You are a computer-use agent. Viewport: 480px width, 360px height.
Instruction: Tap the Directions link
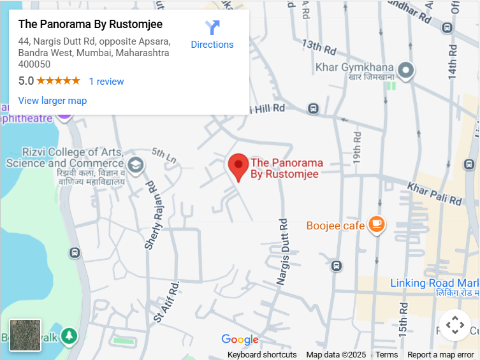(x=212, y=35)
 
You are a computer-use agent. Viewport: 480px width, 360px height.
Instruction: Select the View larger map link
(x=52, y=101)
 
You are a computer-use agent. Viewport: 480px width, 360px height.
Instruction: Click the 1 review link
(x=106, y=82)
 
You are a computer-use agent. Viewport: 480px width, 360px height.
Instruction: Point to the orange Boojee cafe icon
(x=377, y=224)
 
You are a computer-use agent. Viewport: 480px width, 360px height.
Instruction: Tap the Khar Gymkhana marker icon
(x=406, y=69)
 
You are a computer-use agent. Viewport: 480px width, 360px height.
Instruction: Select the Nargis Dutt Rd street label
(x=283, y=251)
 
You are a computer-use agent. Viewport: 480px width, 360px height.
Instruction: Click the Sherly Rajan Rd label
(x=152, y=215)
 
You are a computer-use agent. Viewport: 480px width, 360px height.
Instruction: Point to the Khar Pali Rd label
(x=434, y=192)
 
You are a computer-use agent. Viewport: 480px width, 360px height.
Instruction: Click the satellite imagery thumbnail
(x=25, y=335)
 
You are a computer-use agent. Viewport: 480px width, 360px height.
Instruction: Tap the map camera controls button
(x=455, y=326)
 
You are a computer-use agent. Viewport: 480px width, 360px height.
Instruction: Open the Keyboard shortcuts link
(x=262, y=355)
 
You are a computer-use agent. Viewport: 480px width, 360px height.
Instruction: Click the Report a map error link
(x=440, y=355)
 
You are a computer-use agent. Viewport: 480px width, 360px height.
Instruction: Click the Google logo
(x=240, y=340)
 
